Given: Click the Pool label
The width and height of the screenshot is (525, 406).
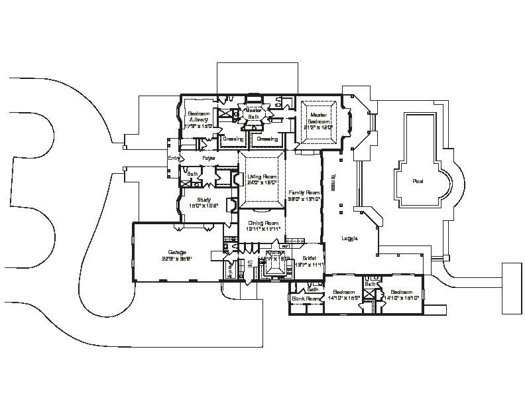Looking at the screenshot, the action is (x=418, y=180).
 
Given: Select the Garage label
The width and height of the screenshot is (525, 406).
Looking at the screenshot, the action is (x=177, y=252).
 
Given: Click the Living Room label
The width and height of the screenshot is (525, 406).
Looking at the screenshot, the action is (x=261, y=177).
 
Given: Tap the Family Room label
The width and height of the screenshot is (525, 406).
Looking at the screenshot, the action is (x=304, y=192).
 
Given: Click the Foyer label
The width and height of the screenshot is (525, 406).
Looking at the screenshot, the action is (x=209, y=159).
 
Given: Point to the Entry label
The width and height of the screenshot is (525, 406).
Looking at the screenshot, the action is (x=174, y=159).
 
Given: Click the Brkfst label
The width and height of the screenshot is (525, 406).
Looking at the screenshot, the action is (x=309, y=259).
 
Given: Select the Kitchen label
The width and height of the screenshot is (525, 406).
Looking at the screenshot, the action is (x=276, y=253).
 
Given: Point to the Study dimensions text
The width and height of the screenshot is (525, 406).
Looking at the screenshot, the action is (x=204, y=205).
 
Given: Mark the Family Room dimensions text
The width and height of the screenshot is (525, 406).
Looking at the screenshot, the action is (x=304, y=198).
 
